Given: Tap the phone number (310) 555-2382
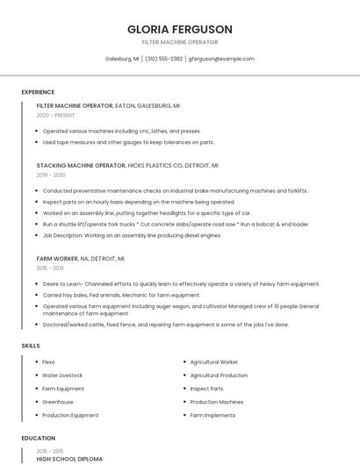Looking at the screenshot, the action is click(x=164, y=59).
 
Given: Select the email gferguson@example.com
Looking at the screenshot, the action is click(x=222, y=59).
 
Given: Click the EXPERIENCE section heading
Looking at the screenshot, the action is click(x=38, y=92).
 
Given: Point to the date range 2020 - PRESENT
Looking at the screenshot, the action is click(x=56, y=115).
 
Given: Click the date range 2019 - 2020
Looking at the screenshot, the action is click(x=52, y=175).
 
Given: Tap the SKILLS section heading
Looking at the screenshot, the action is click(x=31, y=346).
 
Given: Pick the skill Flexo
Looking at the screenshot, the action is click(x=49, y=361).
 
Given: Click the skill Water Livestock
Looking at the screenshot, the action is click(x=62, y=375).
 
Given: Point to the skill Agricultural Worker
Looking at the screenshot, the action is click(x=214, y=361).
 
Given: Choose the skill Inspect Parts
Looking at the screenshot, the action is click(x=206, y=389).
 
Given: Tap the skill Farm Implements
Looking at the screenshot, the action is click(x=212, y=415).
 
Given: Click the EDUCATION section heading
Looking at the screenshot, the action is click(x=38, y=438).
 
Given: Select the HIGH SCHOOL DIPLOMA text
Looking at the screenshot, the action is click(x=69, y=459).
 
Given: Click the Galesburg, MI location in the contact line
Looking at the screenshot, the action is click(x=122, y=59).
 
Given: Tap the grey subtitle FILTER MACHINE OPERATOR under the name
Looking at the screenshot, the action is click(x=179, y=42).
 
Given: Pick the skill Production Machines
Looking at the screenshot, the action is click(x=217, y=402).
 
